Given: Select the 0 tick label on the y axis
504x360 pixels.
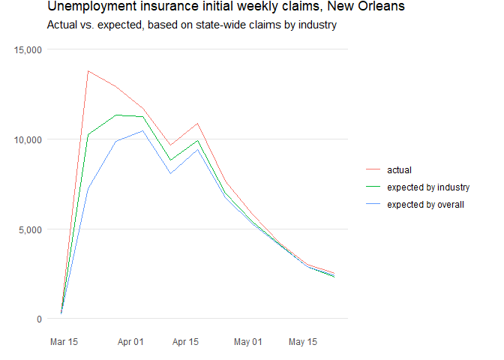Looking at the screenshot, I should tap(38, 319).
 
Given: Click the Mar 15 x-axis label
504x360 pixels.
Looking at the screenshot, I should tap(64, 342).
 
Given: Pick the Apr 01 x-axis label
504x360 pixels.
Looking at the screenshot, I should tap(131, 342).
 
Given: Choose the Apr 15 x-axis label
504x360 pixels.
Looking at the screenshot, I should tap(185, 342).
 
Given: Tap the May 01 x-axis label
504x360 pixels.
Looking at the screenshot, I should tap(247, 342).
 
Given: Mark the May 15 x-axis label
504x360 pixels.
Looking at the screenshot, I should tap(302, 342).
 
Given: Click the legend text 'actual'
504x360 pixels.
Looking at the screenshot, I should tap(399, 169).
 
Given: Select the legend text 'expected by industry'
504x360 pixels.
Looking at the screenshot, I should tap(427, 187).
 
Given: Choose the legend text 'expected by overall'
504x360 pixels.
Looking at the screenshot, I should tap(425, 204).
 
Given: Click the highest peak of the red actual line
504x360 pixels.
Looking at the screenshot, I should tap(88, 71).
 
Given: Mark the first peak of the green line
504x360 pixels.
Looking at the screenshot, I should tap(115, 115).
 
